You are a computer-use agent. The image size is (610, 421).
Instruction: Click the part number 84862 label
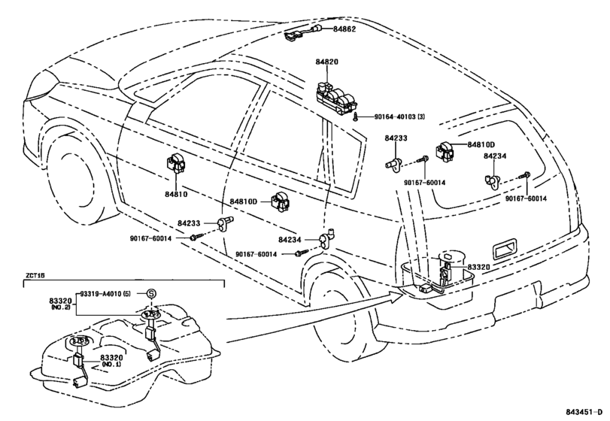(344, 29)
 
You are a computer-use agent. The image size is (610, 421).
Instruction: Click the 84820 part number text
(326, 62)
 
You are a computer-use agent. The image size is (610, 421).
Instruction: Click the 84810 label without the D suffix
(175, 194)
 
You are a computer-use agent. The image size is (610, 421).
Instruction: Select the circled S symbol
(151, 294)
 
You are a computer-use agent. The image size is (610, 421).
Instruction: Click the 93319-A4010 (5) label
(105, 294)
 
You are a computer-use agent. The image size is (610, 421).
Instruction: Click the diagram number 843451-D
(585, 412)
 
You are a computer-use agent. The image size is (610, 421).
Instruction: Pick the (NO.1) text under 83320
(111, 365)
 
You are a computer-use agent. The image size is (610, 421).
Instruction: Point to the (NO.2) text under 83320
(60, 307)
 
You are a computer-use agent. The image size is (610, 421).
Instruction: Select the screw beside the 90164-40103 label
(356, 117)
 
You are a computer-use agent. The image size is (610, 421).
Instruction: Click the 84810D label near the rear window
(481, 145)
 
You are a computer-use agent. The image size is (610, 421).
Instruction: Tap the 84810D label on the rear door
(244, 201)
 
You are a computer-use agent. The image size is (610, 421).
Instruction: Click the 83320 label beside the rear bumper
(478, 267)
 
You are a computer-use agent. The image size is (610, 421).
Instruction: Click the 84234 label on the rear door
(290, 241)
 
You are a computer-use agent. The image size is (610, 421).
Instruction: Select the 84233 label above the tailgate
(396, 138)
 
